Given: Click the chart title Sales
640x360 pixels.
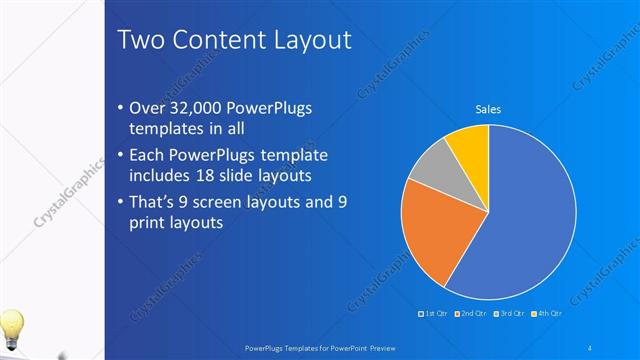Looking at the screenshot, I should (487, 109).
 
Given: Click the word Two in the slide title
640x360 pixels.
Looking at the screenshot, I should (141, 40).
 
